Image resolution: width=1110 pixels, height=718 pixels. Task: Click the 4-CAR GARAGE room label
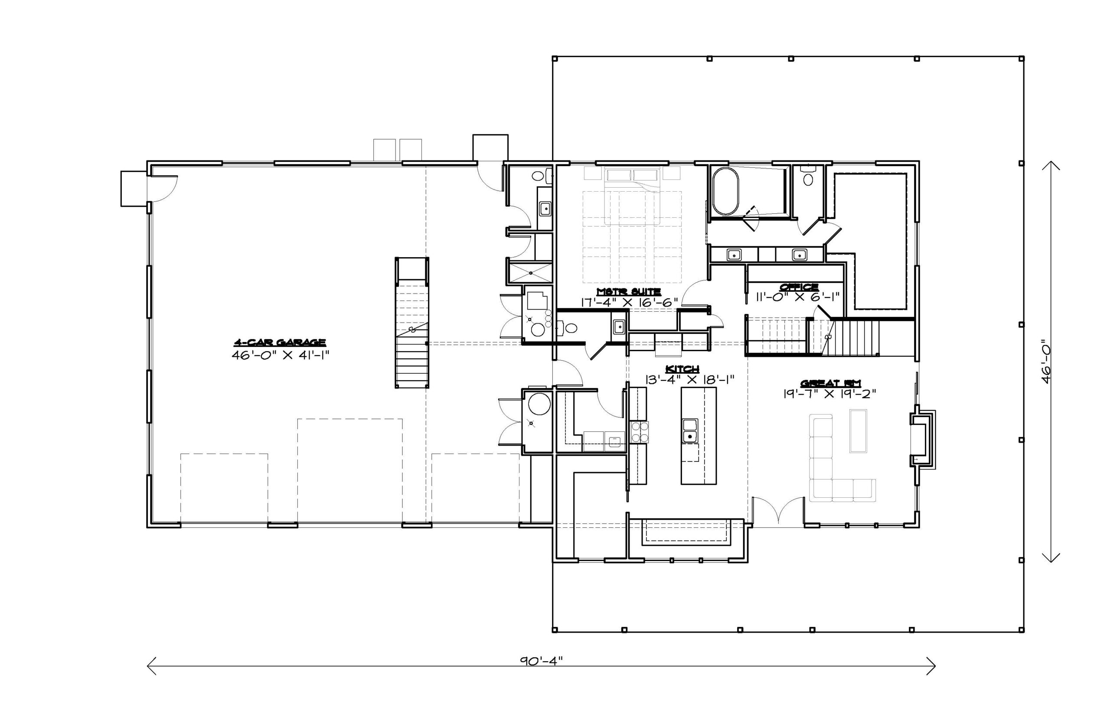[279, 343]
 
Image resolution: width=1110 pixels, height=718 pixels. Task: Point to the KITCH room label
[682, 369]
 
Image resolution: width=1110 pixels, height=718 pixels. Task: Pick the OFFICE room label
[799, 286]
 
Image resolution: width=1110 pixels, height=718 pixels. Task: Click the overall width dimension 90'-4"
[541, 660]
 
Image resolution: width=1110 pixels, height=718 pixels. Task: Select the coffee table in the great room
[858, 431]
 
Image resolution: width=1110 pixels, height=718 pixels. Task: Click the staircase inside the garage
[412, 323]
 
